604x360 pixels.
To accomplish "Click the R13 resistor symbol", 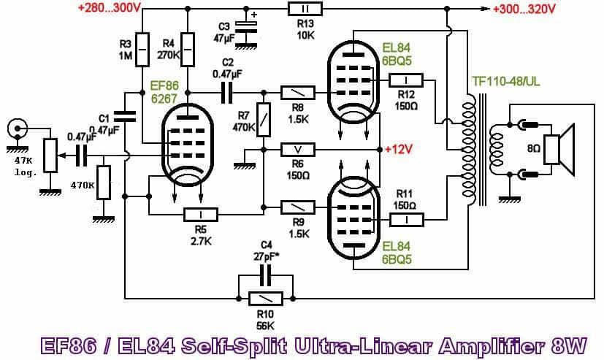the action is point(305,9).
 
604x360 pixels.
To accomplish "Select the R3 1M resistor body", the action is point(142,50).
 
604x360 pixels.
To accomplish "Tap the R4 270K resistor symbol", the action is point(188,50).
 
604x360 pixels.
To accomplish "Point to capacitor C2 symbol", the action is point(226,93).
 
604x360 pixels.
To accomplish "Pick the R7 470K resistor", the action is point(264,120).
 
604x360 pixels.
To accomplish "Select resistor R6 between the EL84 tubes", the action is point(298,150).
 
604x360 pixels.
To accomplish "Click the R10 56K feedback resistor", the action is point(265,299).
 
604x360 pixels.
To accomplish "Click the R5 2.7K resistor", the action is point(201,215).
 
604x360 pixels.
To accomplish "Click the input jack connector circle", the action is point(18,129).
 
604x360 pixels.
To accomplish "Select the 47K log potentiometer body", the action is point(50,155).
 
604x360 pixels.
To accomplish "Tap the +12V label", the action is point(399,150).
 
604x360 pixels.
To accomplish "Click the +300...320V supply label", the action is point(524,9).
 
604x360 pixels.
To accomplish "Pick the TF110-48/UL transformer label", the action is point(506,82).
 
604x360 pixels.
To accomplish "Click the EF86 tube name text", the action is point(165,85).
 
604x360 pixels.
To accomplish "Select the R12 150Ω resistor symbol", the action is point(406,80).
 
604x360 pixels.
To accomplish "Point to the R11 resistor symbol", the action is point(407,220).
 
